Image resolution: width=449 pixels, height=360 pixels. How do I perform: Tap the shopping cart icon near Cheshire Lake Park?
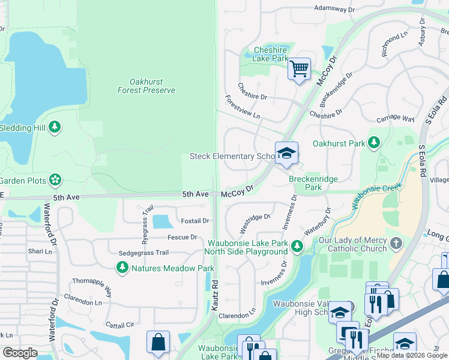coord(298,68)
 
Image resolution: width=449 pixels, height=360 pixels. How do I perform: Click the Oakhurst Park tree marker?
coord(375,143)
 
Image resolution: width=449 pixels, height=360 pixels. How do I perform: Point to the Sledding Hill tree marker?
coord(55,127)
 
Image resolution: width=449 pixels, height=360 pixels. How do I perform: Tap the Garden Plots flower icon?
coord(55,179)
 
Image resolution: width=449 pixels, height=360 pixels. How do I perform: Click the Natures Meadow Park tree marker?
coord(122,267)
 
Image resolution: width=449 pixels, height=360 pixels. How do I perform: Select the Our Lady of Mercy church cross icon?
coord(395,243)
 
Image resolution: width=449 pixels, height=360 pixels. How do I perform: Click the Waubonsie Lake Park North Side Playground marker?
coord(297,246)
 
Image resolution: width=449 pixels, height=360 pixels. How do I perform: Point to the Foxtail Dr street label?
coord(194,221)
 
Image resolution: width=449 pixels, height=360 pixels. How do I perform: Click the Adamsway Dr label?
coord(334,9)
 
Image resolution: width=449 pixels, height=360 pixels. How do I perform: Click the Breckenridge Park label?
coord(313,183)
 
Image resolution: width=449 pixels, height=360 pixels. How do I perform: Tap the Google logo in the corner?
coord(20,352)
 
